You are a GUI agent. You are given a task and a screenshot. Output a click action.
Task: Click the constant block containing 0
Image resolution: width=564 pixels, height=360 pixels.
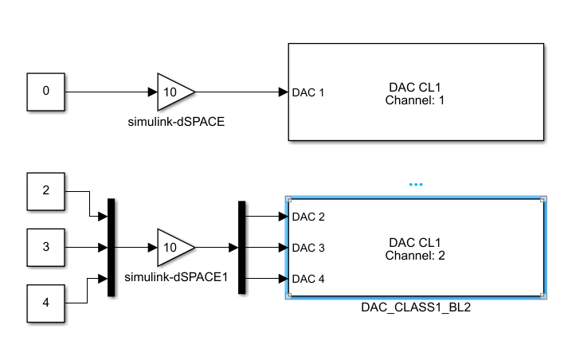pos(45,92)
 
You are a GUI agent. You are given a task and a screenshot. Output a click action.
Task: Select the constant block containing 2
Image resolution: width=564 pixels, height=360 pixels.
pos(45,191)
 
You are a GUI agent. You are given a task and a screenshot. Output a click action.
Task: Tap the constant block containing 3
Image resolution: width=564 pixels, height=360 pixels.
pos(45,247)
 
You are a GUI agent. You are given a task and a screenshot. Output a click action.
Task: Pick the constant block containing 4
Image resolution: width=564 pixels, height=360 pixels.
pos(45,303)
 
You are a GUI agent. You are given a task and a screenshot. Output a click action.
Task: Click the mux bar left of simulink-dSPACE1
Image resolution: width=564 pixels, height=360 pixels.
pos(112,247)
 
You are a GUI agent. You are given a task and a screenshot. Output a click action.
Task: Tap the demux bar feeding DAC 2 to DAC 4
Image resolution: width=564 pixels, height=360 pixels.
pos(242,247)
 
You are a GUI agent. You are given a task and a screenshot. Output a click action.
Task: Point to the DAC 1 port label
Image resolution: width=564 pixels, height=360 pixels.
pos(309,92)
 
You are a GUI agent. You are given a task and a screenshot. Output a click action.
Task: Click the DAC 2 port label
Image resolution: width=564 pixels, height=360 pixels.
pos(309,217)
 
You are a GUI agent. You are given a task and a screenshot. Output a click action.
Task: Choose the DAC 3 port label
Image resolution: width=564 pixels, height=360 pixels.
pos(309,248)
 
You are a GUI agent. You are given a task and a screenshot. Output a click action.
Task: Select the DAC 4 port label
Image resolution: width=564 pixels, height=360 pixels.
pos(309,279)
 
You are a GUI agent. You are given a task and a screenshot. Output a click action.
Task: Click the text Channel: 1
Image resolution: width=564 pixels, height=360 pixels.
pos(414,101)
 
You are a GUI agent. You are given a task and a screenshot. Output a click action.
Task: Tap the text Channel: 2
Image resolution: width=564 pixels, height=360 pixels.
pos(414,255)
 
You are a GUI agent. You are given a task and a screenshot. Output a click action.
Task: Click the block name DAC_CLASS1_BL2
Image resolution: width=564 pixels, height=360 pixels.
pos(414,307)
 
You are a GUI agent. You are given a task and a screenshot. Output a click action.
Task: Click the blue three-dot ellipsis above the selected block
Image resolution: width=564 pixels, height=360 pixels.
pos(415,184)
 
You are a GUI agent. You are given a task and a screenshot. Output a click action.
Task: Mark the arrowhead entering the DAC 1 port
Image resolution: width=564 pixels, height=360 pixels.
pos(283,92)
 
